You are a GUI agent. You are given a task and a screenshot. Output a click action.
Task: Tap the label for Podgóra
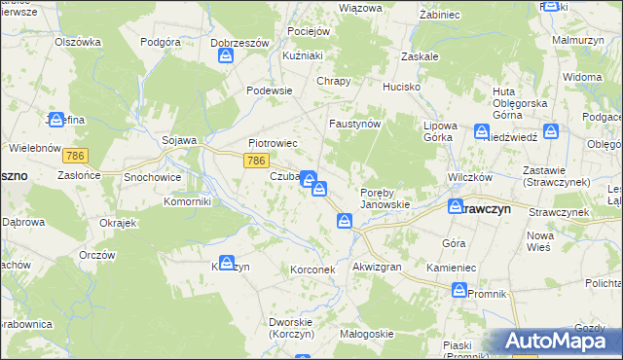click(x=162, y=42)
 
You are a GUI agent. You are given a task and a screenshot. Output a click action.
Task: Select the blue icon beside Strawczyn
click(x=456, y=206)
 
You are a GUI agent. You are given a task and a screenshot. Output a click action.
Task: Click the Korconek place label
click(x=312, y=269)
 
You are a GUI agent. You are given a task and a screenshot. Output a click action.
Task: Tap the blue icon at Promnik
click(x=459, y=289)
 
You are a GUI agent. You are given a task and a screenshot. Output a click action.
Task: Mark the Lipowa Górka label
click(x=440, y=132)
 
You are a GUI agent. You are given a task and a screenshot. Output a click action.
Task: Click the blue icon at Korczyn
click(x=226, y=263)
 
